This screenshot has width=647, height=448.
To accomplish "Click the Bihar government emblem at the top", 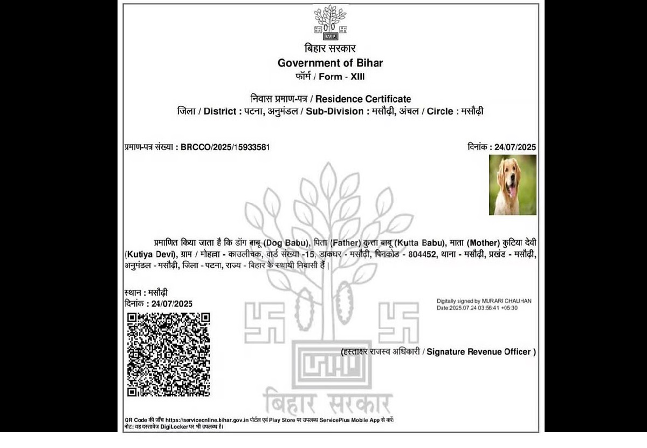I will click(x=330, y=22).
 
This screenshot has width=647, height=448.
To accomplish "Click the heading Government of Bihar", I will click(x=330, y=63).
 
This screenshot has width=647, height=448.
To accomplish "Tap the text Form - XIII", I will click(x=341, y=77).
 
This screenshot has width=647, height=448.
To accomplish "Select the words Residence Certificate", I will click(x=363, y=99).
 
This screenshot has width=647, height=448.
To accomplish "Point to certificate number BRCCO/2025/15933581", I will click(x=226, y=147).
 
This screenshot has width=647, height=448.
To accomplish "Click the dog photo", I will click(x=512, y=185).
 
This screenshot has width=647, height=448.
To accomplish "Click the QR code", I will click(x=168, y=354).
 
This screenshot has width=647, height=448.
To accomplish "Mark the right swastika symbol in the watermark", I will click(x=398, y=322).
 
